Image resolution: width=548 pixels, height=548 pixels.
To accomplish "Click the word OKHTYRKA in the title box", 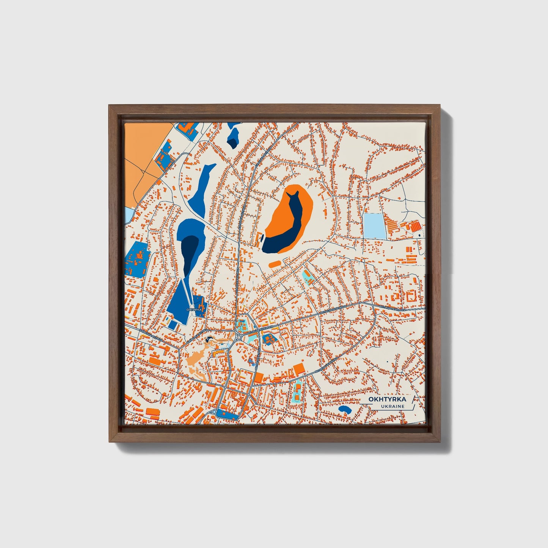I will (387, 399).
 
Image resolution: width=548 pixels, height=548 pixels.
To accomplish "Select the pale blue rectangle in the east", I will (374, 226).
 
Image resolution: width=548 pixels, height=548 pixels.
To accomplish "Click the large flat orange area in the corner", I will (142, 152).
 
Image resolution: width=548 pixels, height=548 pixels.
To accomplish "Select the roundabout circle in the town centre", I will (239, 337).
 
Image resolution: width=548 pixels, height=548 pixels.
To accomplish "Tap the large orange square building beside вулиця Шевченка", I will (299, 368).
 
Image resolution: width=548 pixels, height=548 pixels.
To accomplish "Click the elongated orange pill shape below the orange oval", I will (275, 263).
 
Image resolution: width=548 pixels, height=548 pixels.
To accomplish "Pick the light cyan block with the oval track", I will (297, 391).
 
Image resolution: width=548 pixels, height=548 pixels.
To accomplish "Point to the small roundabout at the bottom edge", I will (214, 412).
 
